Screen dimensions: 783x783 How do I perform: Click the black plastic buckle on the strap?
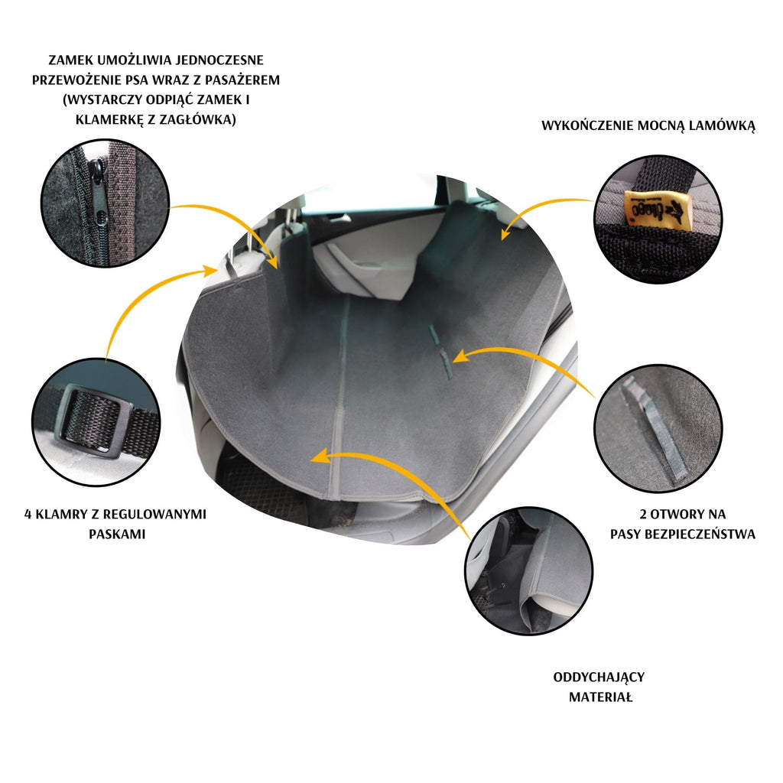click(94, 421)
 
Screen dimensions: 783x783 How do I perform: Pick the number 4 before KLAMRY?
click(28, 515)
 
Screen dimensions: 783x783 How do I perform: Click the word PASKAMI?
click(117, 534)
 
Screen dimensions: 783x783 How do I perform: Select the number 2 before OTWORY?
click(643, 515)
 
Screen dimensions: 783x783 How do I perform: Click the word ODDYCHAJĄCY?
click(599, 677)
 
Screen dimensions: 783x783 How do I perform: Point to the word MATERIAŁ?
click(601, 697)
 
